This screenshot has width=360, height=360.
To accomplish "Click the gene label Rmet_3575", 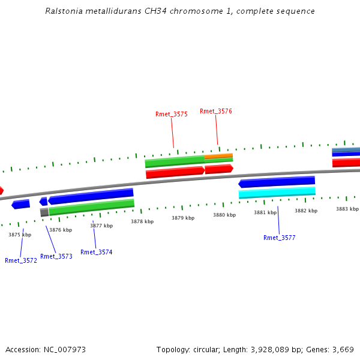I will point(171,114).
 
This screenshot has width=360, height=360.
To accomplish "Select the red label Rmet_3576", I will point(216,111).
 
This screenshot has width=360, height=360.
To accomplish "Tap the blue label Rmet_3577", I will point(279,238).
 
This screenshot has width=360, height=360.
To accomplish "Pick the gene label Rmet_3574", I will point(97,252).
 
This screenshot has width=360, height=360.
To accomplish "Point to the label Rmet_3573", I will point(56,256).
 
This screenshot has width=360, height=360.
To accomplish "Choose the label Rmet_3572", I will point(21,260).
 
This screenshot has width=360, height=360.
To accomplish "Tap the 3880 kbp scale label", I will point(224,215).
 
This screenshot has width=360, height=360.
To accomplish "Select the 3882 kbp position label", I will point(306,211).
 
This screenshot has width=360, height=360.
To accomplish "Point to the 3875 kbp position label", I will point(20,235).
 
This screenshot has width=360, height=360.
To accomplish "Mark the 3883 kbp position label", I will point(347,209).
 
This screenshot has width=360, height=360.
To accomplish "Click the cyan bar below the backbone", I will point(277,193).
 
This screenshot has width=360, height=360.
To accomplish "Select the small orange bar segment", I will point(218,156).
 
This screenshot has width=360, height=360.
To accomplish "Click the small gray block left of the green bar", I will point(44,212).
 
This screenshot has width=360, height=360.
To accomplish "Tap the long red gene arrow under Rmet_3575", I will point(175,172).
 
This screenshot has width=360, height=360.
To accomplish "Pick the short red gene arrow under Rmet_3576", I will point(218,169).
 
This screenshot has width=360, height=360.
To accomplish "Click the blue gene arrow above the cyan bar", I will point(277,181).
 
